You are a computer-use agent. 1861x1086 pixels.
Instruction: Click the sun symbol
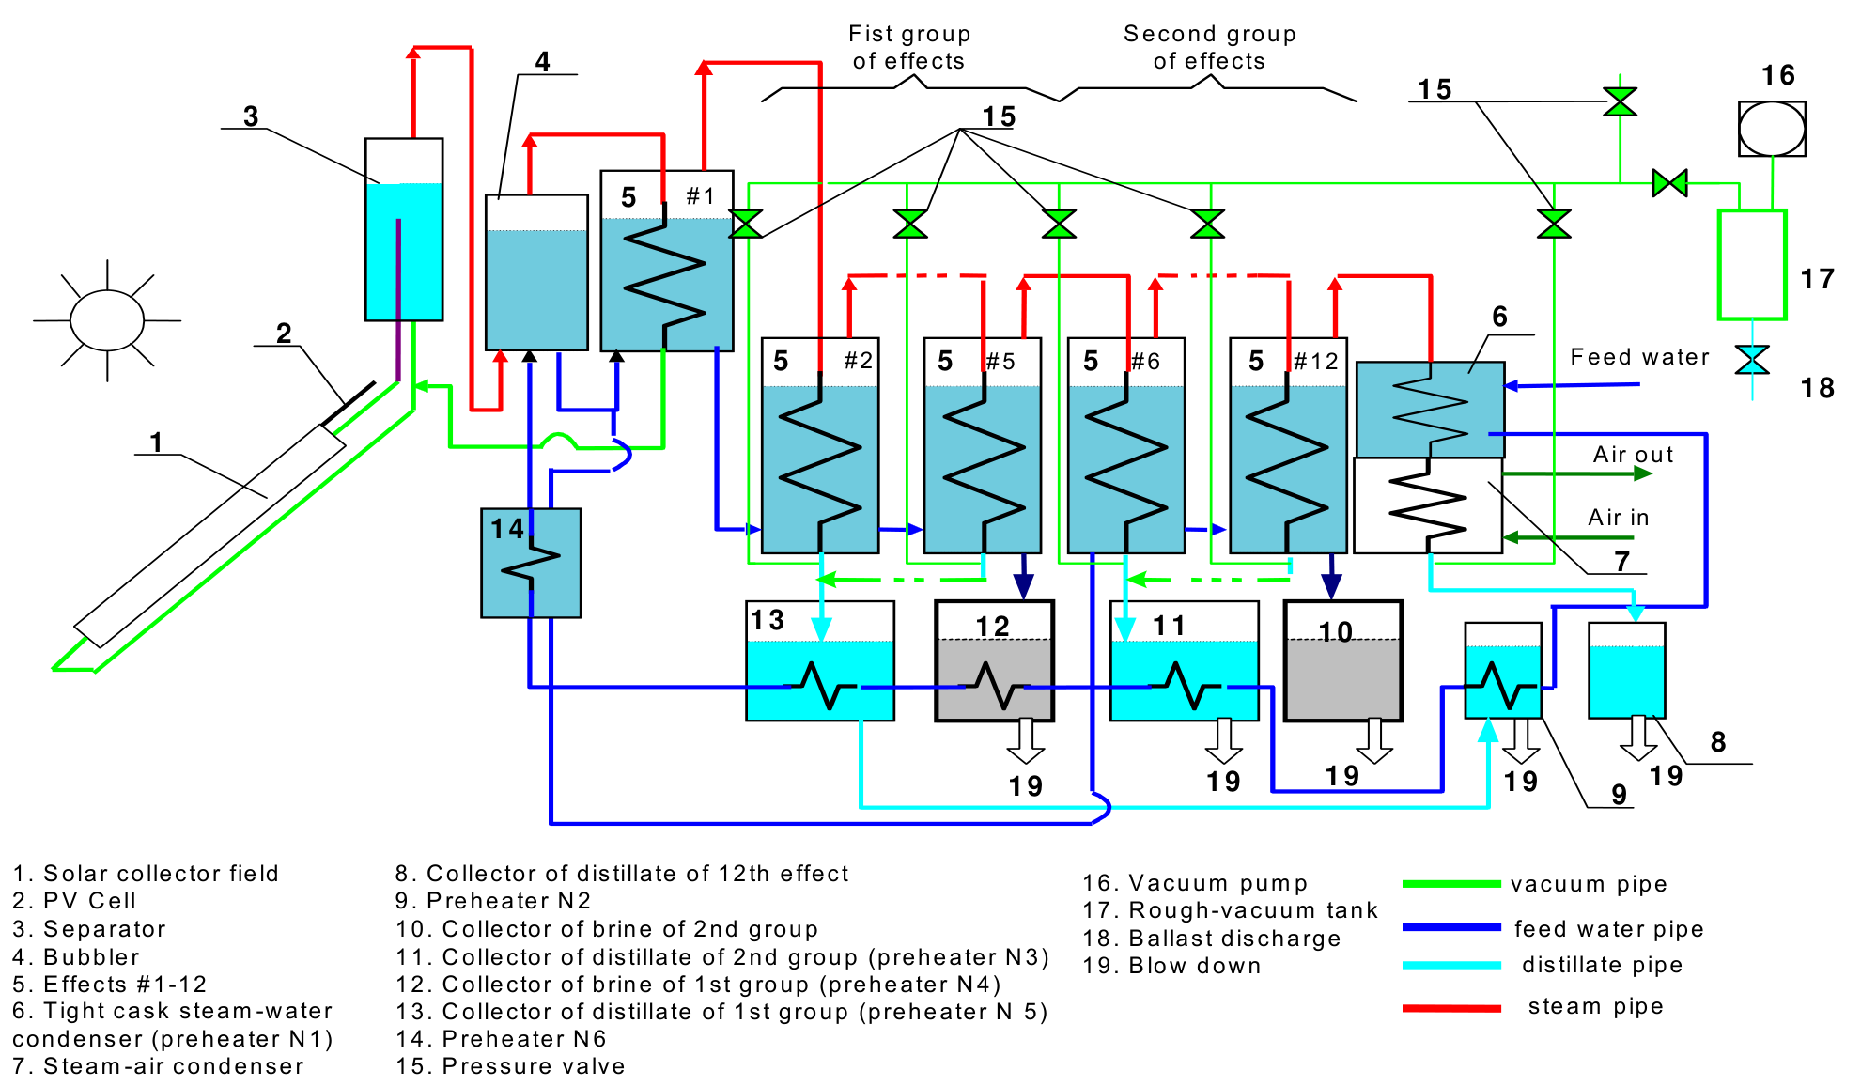107,320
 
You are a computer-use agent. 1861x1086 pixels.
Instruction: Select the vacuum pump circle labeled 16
1772,129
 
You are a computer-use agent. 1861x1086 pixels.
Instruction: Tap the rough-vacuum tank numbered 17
1752,265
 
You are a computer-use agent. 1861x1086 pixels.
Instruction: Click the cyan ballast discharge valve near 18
1752,360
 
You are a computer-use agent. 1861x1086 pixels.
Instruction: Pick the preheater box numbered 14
531,563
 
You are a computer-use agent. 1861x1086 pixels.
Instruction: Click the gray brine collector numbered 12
994,661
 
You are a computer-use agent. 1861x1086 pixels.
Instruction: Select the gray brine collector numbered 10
1343,661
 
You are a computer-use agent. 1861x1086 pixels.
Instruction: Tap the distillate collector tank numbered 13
820,661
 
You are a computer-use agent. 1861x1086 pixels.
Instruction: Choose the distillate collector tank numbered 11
1185,661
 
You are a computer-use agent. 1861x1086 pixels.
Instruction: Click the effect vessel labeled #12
1288,445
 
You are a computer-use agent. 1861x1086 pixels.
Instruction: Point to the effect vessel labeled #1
667,261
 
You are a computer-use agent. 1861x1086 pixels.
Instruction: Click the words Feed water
1639,357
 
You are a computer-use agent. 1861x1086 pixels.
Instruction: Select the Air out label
1633,455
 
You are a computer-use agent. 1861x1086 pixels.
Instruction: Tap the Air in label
1618,518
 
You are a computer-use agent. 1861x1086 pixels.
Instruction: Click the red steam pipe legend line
1451,1008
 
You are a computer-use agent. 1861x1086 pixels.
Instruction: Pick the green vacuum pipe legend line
1451,884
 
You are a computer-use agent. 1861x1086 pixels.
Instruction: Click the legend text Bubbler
91,957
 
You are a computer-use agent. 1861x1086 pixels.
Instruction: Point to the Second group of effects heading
1210,47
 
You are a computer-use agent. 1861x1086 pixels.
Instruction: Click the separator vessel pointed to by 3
404,230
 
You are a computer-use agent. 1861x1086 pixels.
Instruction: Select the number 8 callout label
1718,742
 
